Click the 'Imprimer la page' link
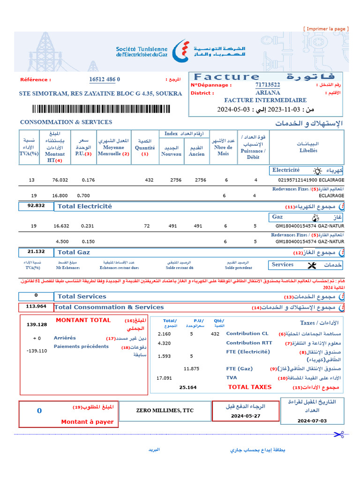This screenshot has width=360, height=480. tap(326, 29)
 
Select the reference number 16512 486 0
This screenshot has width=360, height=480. tap(105, 80)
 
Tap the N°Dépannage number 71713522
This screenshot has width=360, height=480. tap(268, 85)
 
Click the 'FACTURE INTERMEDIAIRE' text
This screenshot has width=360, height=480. tap(265, 100)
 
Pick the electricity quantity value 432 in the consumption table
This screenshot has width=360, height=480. tap(149, 180)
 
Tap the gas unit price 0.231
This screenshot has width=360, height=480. tap(88, 226)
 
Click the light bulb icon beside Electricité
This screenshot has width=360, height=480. tap(317, 171)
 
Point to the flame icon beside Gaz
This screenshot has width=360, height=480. tap(314, 217)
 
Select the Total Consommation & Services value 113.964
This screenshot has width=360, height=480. tap(36, 307)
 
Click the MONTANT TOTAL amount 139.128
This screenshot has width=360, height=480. tap(37, 324)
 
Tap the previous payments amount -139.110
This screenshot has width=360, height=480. tap(37, 351)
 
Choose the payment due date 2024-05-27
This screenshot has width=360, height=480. tap(246, 416)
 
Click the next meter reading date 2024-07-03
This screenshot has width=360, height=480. tap(312, 420)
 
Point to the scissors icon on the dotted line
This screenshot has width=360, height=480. tap(338, 435)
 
